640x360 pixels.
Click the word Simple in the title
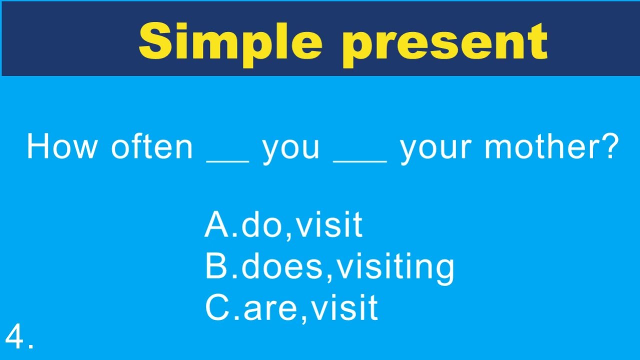coord(230,42)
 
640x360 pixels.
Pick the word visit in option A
coord(328,225)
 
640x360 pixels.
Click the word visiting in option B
coord(395,267)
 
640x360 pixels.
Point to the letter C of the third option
coord(216,307)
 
